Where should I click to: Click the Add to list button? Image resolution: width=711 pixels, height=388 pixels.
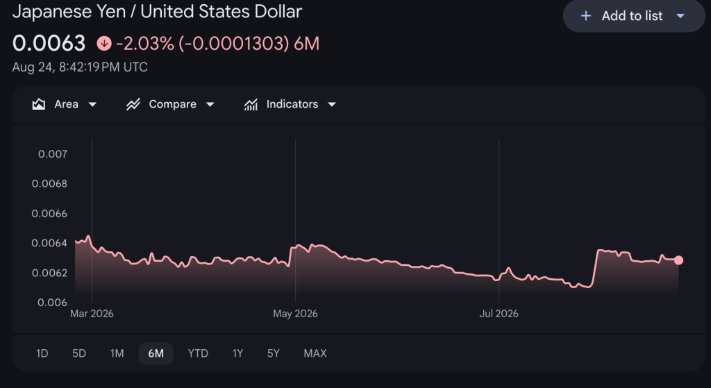pyautogui.click(x=633, y=16)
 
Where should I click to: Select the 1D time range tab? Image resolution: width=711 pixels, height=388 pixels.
pyautogui.click(x=42, y=353)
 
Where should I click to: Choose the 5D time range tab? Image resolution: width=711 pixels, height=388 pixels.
pyautogui.click(x=79, y=353)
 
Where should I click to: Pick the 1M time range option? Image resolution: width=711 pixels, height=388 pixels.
pyautogui.click(x=117, y=353)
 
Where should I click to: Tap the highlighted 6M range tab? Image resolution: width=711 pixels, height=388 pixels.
pyautogui.click(x=156, y=353)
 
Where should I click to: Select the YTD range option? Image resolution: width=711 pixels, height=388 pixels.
pyautogui.click(x=198, y=353)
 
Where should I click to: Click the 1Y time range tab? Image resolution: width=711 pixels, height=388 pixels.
pyautogui.click(x=237, y=353)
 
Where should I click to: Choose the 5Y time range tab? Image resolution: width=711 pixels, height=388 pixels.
pyautogui.click(x=274, y=353)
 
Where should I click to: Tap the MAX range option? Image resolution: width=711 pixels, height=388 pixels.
pyautogui.click(x=315, y=353)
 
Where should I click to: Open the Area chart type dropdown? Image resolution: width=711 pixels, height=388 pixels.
pyautogui.click(x=65, y=104)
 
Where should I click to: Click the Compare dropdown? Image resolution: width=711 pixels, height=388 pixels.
pyautogui.click(x=170, y=104)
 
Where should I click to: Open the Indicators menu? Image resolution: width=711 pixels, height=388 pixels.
pyautogui.click(x=290, y=104)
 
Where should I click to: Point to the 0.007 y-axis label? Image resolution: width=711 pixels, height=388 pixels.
pyautogui.click(x=53, y=154)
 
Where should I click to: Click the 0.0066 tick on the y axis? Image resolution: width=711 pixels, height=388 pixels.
pyautogui.click(x=49, y=214)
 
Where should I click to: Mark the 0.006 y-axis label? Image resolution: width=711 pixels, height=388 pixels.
pyautogui.click(x=53, y=303)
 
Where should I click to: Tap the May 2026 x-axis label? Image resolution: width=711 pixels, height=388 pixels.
pyautogui.click(x=295, y=314)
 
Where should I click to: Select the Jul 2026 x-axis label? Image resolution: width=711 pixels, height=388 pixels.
pyautogui.click(x=499, y=314)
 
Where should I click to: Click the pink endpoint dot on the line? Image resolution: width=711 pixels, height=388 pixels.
pyautogui.click(x=678, y=260)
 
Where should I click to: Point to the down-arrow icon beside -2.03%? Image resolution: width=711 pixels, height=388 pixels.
pyautogui.click(x=104, y=44)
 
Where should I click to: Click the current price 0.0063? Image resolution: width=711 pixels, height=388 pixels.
pyautogui.click(x=49, y=44)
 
